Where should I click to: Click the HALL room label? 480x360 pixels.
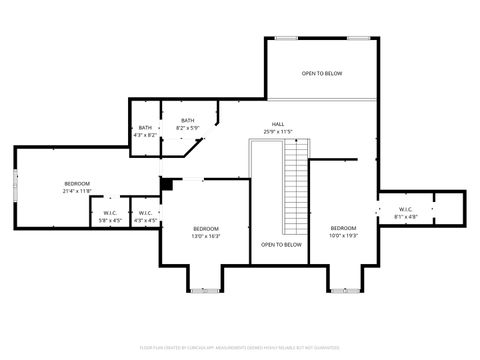277,124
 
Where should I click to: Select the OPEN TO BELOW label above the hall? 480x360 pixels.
322,73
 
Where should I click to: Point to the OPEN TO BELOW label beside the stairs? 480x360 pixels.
281,244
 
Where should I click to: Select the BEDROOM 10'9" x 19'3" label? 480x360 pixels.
343,229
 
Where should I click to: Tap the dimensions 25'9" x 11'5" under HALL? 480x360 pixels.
277,131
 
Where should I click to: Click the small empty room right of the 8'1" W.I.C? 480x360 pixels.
451,209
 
